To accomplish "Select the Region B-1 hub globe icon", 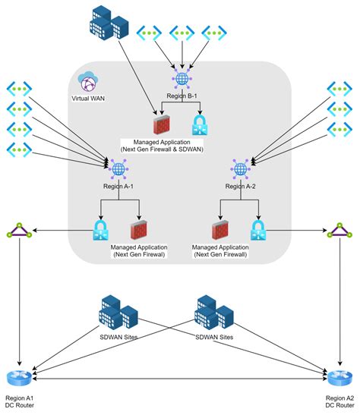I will pos(182,79).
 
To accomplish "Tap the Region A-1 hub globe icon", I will pos(118,170).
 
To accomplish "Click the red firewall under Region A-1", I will pos(139,228).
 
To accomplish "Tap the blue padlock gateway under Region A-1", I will pos(99,228).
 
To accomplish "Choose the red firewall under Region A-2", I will pos(219,228).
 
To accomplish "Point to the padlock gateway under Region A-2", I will pos(258,228).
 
